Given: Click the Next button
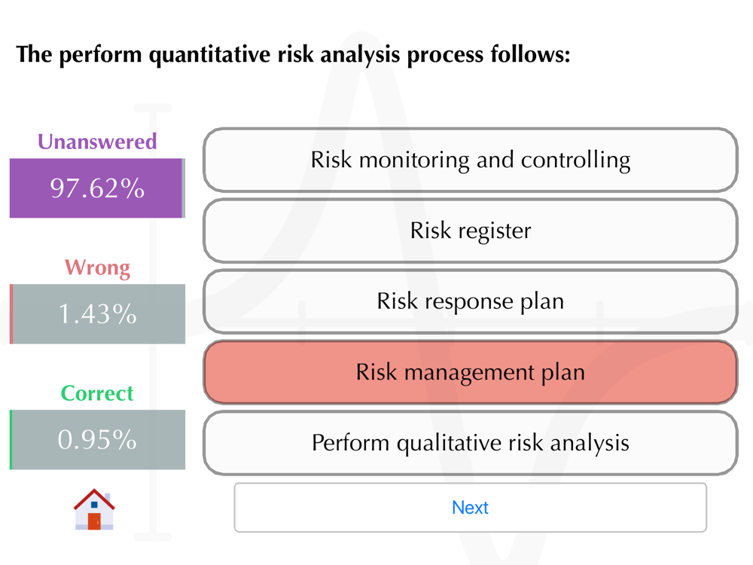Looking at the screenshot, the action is [x=470, y=507].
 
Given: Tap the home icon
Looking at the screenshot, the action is [x=94, y=509].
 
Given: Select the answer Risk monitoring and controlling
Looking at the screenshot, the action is [x=470, y=160].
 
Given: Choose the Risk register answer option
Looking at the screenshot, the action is [x=470, y=231].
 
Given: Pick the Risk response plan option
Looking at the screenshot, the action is [x=470, y=301].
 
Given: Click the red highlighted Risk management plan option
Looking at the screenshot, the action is [x=470, y=372].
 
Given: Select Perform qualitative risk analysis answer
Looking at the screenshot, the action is [x=470, y=442].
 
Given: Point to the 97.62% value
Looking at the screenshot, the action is [x=97, y=188].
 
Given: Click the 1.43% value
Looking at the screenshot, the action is [x=97, y=313].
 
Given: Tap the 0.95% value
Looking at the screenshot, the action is [x=97, y=440].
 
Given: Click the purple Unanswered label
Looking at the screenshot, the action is [x=97, y=142].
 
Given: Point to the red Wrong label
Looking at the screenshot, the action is [x=97, y=267].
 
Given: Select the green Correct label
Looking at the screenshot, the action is [x=97, y=393].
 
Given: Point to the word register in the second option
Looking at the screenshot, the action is [x=495, y=231].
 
